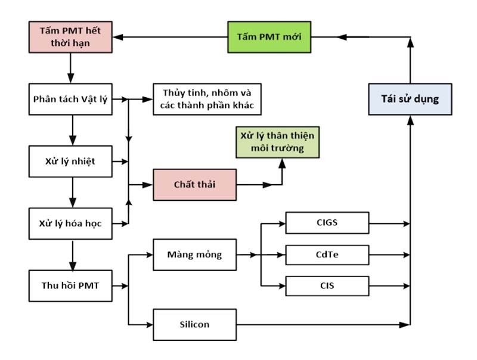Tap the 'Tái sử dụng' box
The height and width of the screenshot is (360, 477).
click(410, 99)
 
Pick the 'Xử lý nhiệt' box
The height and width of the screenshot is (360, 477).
click(70, 161)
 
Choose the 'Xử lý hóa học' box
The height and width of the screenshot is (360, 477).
click(70, 224)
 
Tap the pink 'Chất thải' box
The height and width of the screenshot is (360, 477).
click(195, 184)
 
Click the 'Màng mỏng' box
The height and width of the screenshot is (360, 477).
click(195, 255)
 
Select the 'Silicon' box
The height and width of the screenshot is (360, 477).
click(195, 325)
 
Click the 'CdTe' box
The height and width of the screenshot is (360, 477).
click(327, 255)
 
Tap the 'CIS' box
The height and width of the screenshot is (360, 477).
click(327, 285)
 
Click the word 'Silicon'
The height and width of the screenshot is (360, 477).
click(195, 325)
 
